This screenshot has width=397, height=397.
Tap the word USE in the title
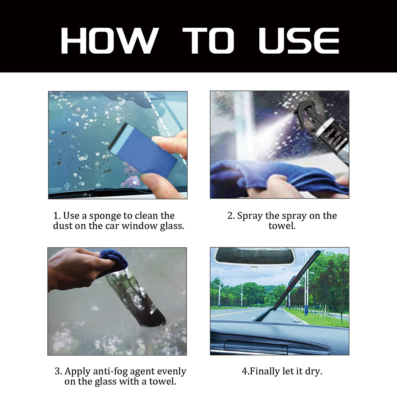point(299,41)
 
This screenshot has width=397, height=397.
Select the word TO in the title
point(208,41)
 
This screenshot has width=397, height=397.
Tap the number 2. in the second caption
point(231,216)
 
